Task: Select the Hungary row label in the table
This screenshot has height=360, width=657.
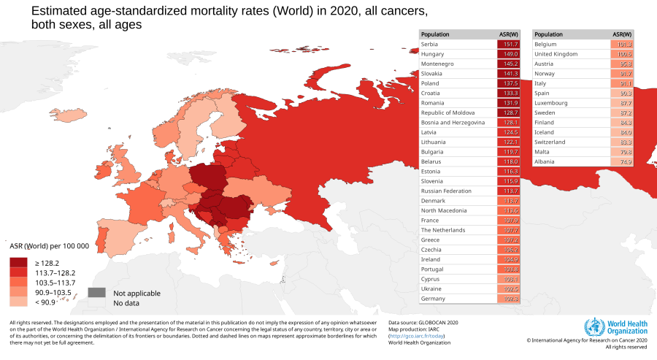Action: [x=434, y=54]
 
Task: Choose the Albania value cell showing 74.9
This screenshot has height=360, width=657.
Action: [x=620, y=161]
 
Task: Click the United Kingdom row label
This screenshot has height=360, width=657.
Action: [x=556, y=54]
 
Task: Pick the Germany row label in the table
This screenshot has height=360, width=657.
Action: [x=434, y=299]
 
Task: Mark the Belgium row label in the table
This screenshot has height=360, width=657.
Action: [x=545, y=45]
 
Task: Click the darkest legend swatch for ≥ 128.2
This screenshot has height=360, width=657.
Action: [x=20, y=262]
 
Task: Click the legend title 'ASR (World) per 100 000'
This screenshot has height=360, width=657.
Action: [x=49, y=246]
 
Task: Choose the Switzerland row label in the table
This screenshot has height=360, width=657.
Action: [x=552, y=142]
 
